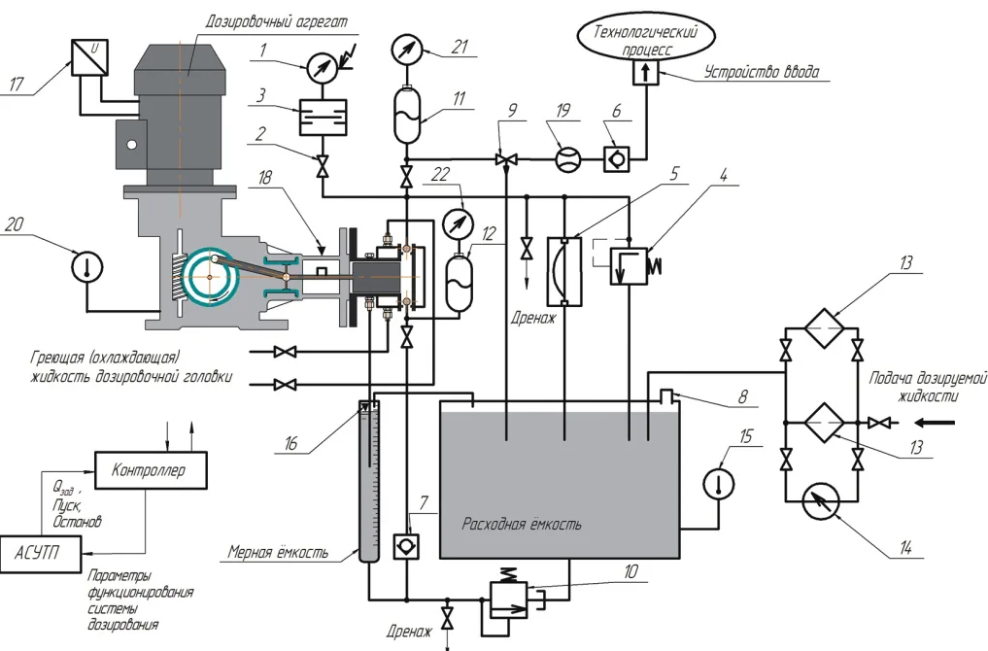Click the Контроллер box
[x=151, y=469]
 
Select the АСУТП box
[x=41, y=554]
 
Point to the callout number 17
[x=17, y=84]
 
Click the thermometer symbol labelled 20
[x=87, y=266]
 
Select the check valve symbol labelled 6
[x=616, y=158]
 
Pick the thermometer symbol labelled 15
[x=719, y=484]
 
